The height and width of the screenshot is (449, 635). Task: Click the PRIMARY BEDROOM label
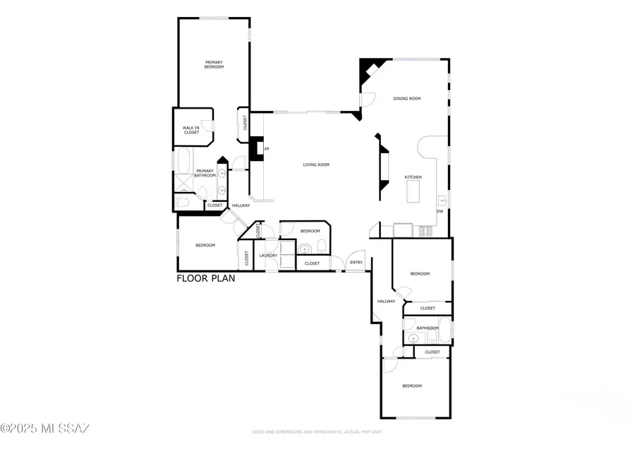[x=214, y=64]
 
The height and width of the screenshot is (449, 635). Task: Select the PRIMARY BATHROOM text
[x=205, y=173]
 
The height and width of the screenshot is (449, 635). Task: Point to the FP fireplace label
[x=266, y=150]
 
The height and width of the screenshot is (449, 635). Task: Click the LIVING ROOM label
[x=316, y=165]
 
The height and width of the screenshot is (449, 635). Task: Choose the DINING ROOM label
[x=406, y=99]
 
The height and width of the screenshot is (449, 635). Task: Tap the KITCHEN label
[x=413, y=176]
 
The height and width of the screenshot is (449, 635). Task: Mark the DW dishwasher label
[x=440, y=211]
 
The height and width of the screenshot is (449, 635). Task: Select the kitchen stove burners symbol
[x=426, y=230]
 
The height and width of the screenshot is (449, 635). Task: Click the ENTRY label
[x=356, y=263]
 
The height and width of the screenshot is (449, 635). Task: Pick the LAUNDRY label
[x=268, y=256]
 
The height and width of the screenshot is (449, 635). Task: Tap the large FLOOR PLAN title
[x=205, y=278]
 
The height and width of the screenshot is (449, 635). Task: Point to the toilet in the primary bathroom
[x=182, y=204]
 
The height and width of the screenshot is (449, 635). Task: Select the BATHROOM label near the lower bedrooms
[x=428, y=328]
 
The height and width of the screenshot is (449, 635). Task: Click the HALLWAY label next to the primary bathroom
[x=241, y=205]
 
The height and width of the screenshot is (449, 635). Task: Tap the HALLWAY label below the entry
[x=386, y=301]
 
